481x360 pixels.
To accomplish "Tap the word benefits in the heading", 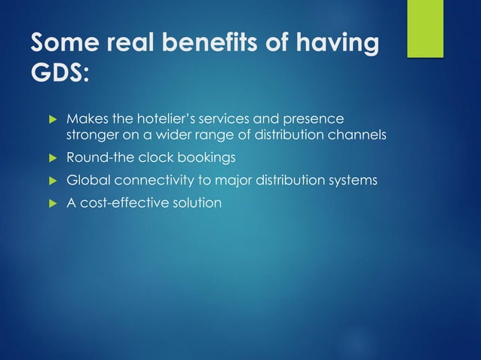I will pos(198,44).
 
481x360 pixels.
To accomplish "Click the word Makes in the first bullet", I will pos(87,119).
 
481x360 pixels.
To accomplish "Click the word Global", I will pos(88,180).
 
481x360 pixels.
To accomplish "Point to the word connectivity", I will pos(156,180).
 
